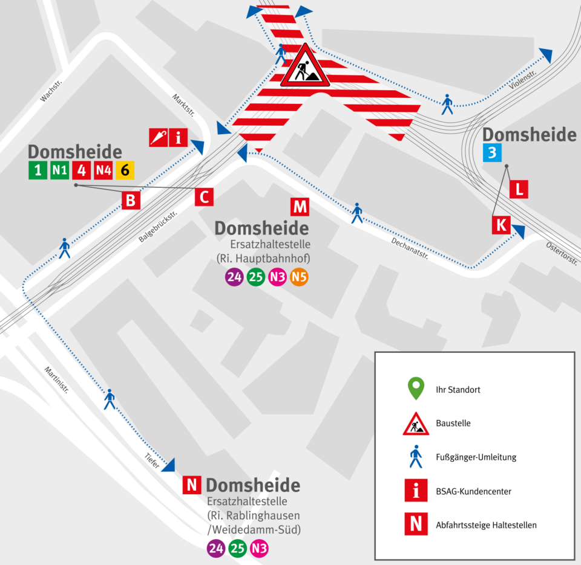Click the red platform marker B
(x=130, y=200)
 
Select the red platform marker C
(x=205, y=196)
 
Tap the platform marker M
(x=300, y=207)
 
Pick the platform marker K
(x=501, y=225)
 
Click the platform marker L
(x=519, y=189)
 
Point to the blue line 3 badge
(x=492, y=153)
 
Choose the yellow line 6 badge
(x=125, y=170)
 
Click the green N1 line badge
(x=59, y=170)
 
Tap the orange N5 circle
(x=299, y=278)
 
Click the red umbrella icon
(x=158, y=138)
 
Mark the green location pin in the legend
(x=415, y=389)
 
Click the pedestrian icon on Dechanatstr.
(x=357, y=213)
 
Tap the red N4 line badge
(x=103, y=170)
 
